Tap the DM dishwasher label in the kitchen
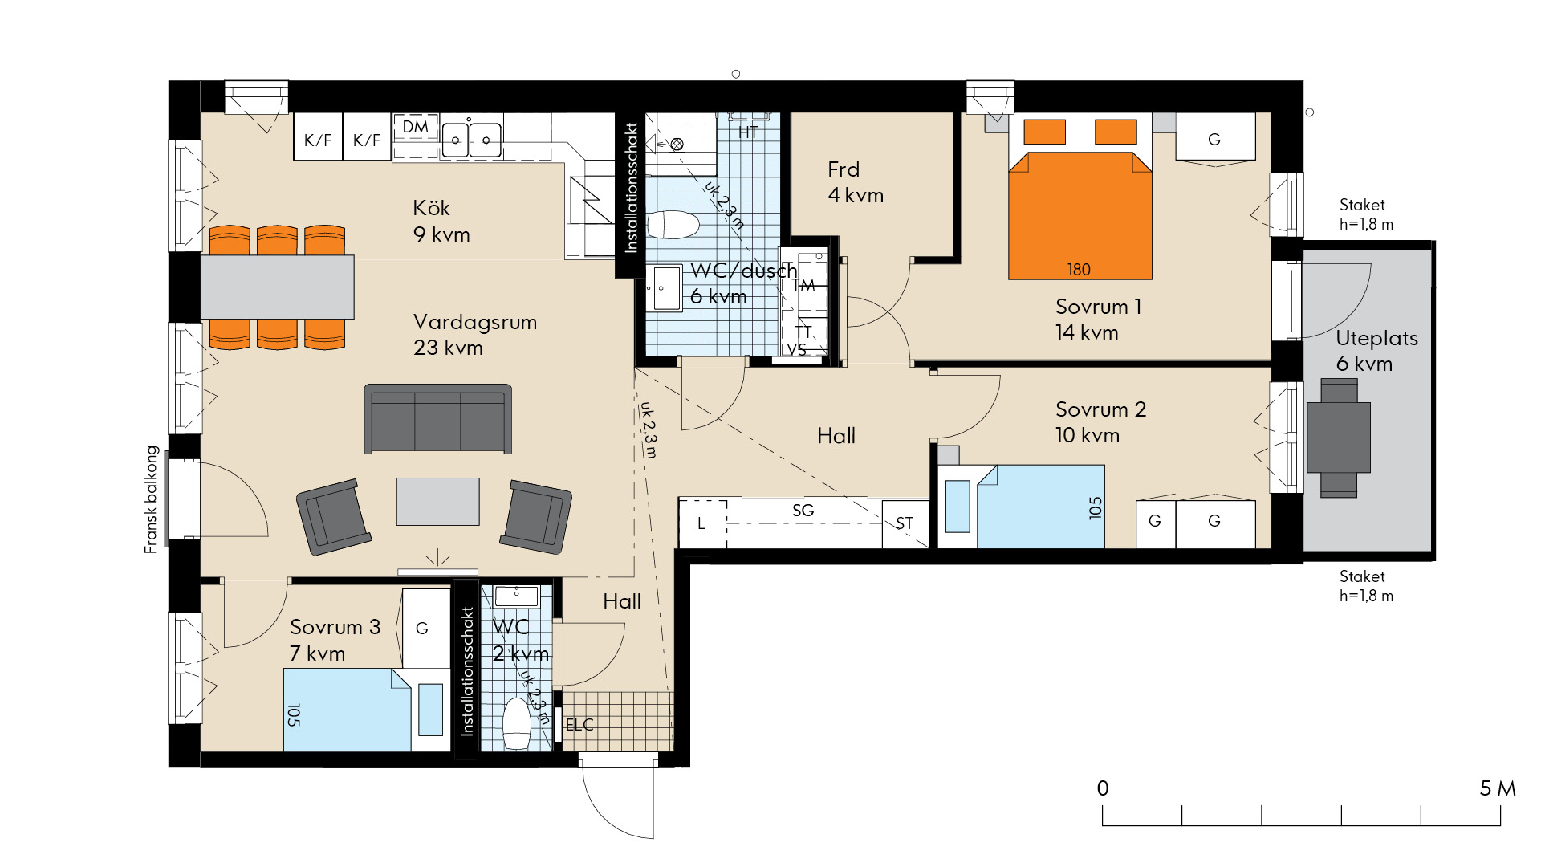click(415, 127)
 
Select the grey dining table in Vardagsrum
click(277, 287)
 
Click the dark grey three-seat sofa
click(437, 418)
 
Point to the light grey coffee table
click(437, 502)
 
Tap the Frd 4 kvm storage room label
click(856, 182)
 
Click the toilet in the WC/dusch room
click(673, 226)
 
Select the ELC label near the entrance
click(579, 725)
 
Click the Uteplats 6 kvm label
click(1376, 351)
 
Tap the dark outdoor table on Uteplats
click(1338, 438)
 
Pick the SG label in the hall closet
click(803, 511)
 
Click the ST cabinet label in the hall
click(905, 523)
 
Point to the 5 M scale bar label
click(1498, 788)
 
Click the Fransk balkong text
click(151, 499)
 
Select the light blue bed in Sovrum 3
click(347, 710)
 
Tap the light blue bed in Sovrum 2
click(1040, 507)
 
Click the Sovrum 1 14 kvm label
click(1098, 320)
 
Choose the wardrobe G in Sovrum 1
click(1215, 137)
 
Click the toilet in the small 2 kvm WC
click(517, 723)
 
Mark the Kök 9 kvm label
click(441, 222)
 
